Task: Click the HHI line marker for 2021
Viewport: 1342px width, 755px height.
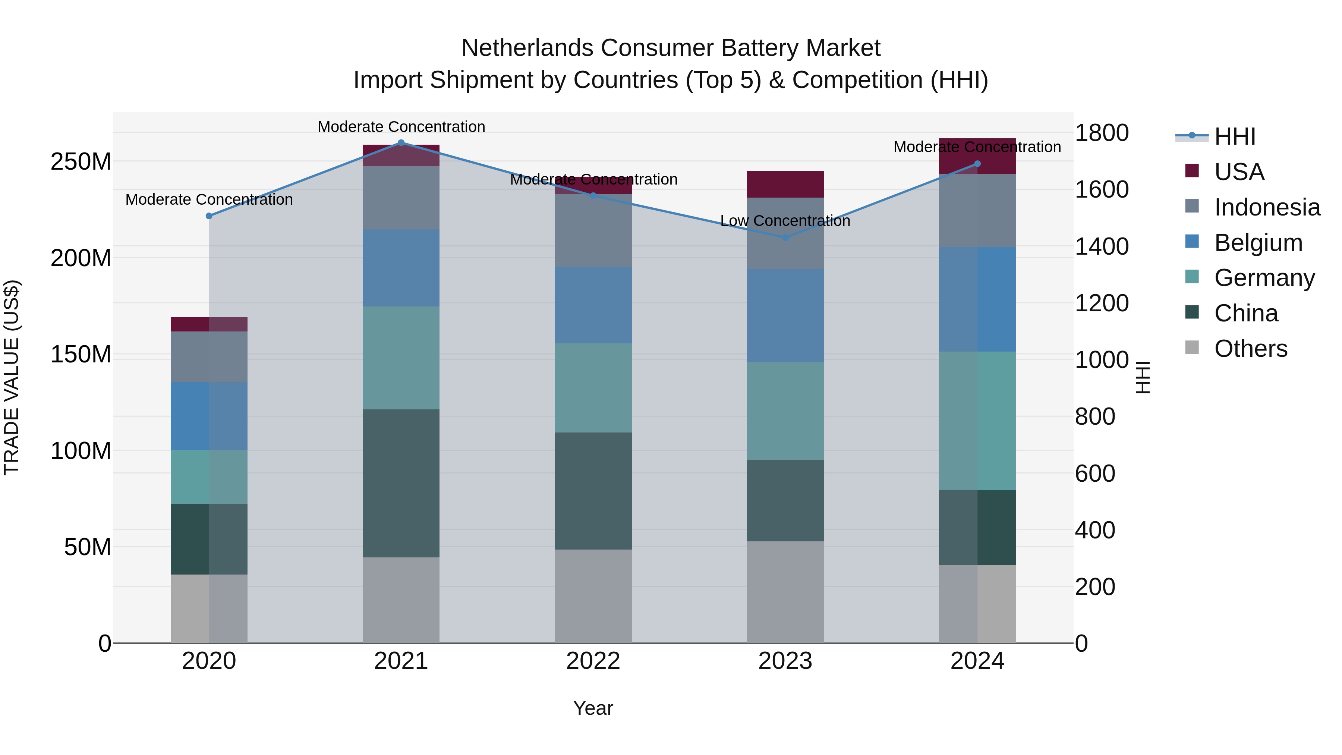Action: tap(401, 142)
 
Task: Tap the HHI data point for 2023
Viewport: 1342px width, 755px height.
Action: tap(785, 237)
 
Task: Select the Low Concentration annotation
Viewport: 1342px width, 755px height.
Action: tap(785, 221)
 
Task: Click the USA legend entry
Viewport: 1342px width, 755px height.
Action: tap(1239, 172)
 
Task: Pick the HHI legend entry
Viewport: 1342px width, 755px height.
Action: tap(1234, 136)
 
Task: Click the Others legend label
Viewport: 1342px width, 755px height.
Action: tap(1250, 349)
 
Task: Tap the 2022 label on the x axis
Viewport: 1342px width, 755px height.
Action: tap(593, 661)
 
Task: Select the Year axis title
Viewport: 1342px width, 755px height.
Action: tap(593, 708)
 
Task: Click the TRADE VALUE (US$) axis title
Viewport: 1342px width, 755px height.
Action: tap(12, 377)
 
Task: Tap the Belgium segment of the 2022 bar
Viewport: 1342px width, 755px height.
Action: tap(593, 305)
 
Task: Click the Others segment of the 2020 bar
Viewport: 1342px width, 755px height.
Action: tap(209, 608)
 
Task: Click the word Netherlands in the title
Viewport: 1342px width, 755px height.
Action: tap(528, 48)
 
